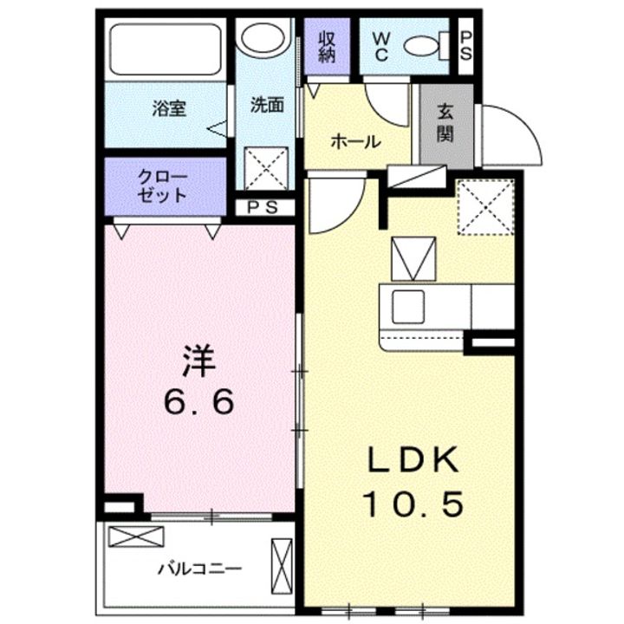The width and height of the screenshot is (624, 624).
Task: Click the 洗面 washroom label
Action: point(267,105)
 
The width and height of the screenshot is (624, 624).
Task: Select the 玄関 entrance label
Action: point(445,122)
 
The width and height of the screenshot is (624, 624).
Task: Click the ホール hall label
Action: point(355,142)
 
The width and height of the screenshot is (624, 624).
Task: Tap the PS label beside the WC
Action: point(465,46)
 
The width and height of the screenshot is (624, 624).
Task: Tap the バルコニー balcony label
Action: point(199,569)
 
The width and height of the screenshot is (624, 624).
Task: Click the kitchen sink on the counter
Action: point(406,305)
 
